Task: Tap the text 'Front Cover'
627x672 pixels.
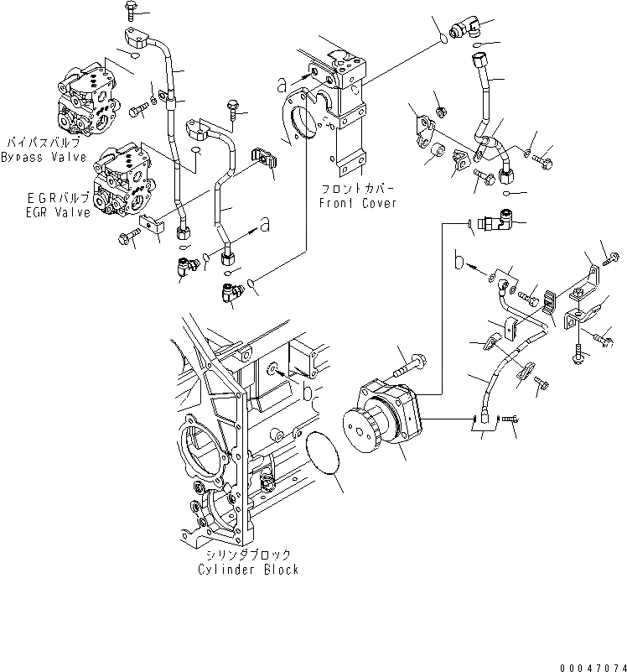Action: [x=358, y=203]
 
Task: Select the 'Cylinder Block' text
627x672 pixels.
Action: [x=248, y=569]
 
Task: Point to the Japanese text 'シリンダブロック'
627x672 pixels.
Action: [x=248, y=555]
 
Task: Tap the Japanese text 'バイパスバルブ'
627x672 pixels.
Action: [x=41, y=144]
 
